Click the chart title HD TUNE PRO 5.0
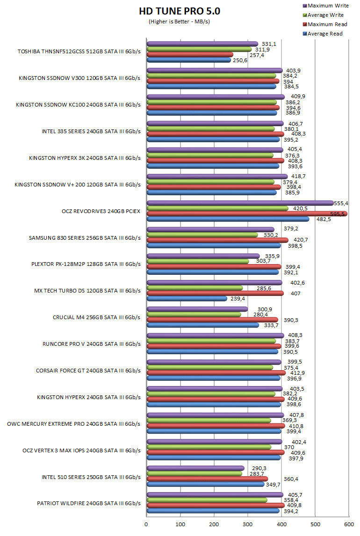click(180, 11)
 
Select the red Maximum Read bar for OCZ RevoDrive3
click(247, 214)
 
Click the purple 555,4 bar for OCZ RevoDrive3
click(240, 203)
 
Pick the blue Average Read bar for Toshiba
click(189, 60)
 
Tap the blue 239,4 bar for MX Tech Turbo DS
click(187, 299)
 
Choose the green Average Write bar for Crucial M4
click(194, 314)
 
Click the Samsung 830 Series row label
click(84, 237)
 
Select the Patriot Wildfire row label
click(88, 503)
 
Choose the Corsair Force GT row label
click(88, 371)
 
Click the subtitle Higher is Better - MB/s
click(180, 21)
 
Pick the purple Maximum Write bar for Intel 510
click(195, 468)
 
